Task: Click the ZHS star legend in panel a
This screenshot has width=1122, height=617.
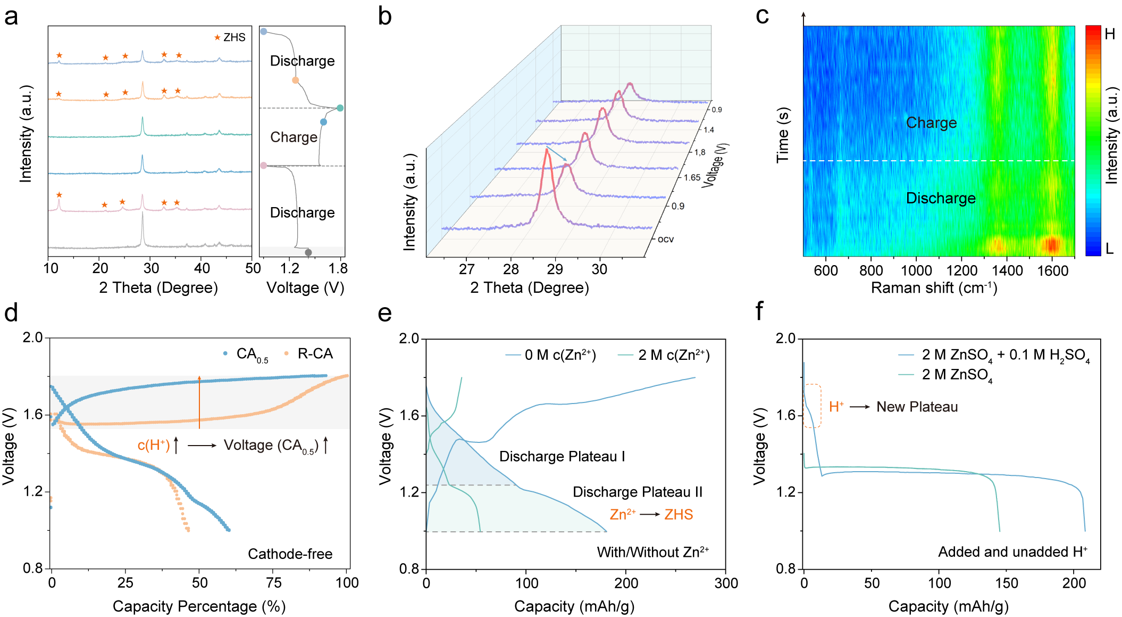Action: [x=230, y=37]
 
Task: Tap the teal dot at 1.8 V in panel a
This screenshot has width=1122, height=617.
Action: [x=340, y=108]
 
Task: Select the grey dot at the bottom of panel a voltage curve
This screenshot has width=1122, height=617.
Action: [x=308, y=252]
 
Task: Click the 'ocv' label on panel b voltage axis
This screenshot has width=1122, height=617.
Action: [x=666, y=240]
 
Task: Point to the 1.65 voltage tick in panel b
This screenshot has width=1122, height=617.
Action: [x=692, y=178]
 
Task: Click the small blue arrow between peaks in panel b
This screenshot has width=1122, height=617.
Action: [x=557, y=154]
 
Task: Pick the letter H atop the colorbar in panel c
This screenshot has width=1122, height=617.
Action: [x=1110, y=34]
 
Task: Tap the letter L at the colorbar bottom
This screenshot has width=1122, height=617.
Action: [x=1109, y=249]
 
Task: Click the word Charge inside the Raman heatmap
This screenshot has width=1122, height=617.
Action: [x=931, y=123]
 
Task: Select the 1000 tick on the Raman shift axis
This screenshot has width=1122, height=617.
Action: [x=916, y=270]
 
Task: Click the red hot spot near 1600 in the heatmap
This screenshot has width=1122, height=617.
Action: [x=1051, y=245]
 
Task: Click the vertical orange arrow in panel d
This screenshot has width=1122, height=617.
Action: [x=199, y=402]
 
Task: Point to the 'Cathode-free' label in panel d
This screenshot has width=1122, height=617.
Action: [x=290, y=554]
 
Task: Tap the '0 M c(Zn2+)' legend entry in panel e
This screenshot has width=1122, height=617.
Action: [x=551, y=355]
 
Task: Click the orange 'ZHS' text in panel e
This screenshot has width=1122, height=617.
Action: [x=679, y=515]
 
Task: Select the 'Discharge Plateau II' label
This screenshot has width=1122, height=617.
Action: [x=637, y=492]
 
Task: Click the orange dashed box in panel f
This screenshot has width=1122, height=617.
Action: [x=812, y=406]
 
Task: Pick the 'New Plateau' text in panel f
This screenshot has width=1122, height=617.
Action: [x=917, y=407]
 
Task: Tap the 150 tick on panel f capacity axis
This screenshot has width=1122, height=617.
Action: [x=1007, y=583]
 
